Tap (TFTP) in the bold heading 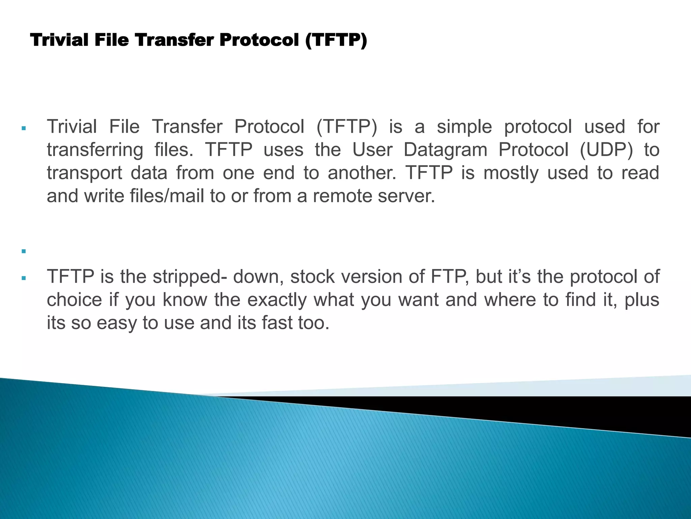pyautogui.click(x=336, y=40)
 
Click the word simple pyautogui.click(x=464, y=127)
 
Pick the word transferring pyautogui.click(x=95, y=150)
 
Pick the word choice pyautogui.click(x=74, y=300)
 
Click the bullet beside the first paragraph pyautogui.click(x=23, y=128)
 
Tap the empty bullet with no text pyautogui.click(x=23, y=251)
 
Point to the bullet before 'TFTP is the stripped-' pyautogui.click(x=23, y=278)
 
